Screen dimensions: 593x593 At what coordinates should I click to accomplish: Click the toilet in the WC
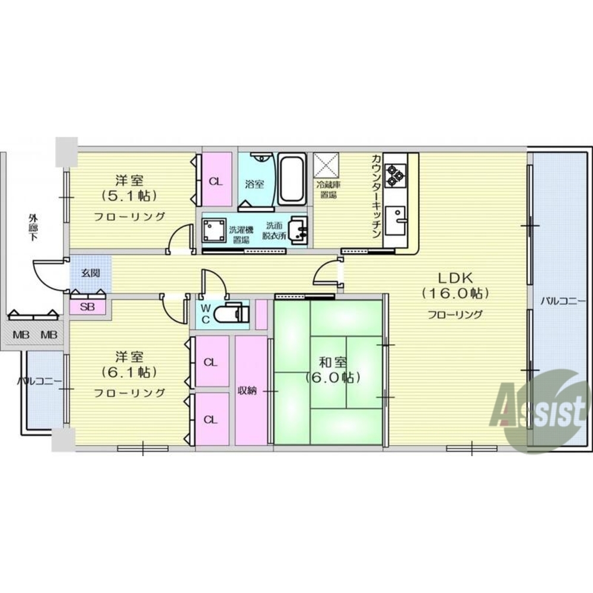tap(231, 313)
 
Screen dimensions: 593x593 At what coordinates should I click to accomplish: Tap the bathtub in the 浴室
tap(292, 179)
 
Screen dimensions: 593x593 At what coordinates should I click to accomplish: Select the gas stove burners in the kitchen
tap(396, 175)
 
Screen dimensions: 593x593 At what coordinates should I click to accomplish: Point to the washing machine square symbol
tap(214, 230)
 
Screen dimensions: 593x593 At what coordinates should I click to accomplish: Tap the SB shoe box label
tap(87, 307)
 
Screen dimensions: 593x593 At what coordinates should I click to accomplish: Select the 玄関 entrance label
tap(91, 273)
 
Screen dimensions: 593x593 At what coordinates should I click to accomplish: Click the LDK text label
tap(455, 278)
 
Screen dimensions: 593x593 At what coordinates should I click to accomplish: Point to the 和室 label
tap(333, 363)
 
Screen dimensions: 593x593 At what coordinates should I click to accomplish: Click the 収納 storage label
tap(247, 390)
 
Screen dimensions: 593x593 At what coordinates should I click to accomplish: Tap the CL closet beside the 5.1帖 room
tap(216, 181)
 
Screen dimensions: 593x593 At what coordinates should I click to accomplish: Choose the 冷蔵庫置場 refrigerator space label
tap(328, 190)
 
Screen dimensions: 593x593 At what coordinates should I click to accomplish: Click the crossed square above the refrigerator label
tap(326, 165)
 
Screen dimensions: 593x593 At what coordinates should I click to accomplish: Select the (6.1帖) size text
tap(129, 373)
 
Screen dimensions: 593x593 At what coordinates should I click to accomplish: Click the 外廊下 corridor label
tap(33, 227)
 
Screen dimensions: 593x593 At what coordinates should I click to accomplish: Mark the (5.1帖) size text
tap(129, 195)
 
